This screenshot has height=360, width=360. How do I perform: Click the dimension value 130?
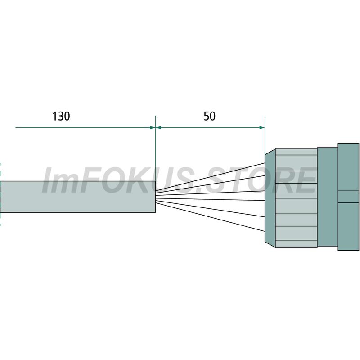pos(61,116)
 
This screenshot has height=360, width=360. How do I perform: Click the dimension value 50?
pos(209,116)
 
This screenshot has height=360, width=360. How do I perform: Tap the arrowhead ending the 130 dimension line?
pos(153,128)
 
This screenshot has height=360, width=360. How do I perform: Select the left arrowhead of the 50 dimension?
pos(158,128)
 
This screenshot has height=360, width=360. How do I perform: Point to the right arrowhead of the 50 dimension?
pos(262,128)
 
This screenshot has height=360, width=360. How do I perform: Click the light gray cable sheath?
pos(78,197)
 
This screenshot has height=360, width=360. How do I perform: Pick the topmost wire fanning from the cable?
pos(210,177)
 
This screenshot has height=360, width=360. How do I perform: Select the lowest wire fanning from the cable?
pos(210,217)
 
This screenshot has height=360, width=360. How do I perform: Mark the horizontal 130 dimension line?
pos(85,128)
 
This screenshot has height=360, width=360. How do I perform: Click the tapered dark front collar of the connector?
pos(270,198)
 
